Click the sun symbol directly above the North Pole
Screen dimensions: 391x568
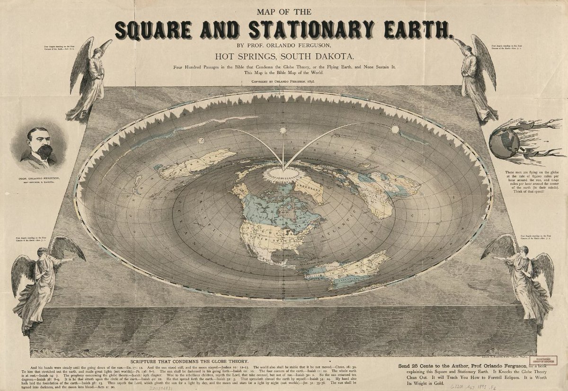283,130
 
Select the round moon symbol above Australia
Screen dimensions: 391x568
201,140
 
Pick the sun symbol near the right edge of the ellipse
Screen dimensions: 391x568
395,129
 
